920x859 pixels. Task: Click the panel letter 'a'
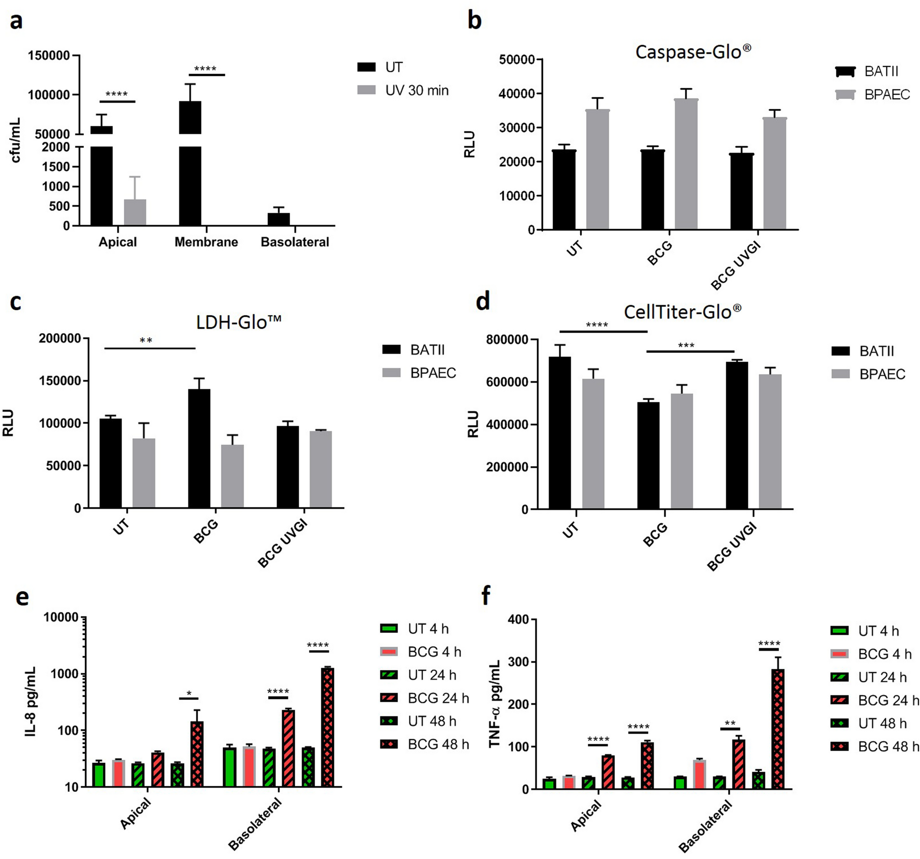[16, 21]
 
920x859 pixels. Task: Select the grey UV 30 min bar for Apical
[135, 213]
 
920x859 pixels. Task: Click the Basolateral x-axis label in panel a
[295, 242]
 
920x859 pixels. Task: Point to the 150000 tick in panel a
[48, 55]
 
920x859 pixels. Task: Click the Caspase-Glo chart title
[693, 52]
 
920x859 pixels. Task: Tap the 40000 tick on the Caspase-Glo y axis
[517, 94]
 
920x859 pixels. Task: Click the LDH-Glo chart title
[238, 322]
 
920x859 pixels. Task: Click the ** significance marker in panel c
[146, 341]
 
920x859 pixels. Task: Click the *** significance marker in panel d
[686, 346]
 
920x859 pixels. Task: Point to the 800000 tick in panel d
[506, 340]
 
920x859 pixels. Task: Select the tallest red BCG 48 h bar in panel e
[328, 726]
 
